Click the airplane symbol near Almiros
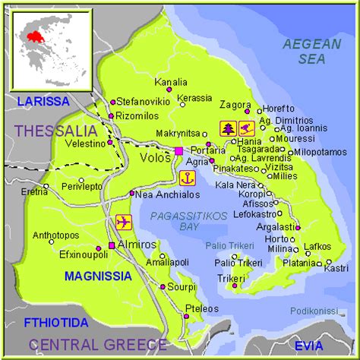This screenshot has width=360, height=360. pyautogui.click(x=124, y=223)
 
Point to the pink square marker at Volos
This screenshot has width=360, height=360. pyautogui.click(x=178, y=151)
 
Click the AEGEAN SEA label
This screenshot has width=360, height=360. pyautogui.click(x=312, y=52)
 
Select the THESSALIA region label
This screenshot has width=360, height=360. pyautogui.click(x=55, y=131)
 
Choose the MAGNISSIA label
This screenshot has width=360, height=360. pyautogui.click(x=99, y=276)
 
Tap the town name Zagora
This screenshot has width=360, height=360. pyautogui.click(x=235, y=105)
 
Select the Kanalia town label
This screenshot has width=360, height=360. pyautogui.click(x=170, y=82)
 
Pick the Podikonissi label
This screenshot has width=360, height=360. pyautogui.click(x=314, y=310)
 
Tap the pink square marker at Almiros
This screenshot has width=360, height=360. pyautogui.click(x=112, y=245)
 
